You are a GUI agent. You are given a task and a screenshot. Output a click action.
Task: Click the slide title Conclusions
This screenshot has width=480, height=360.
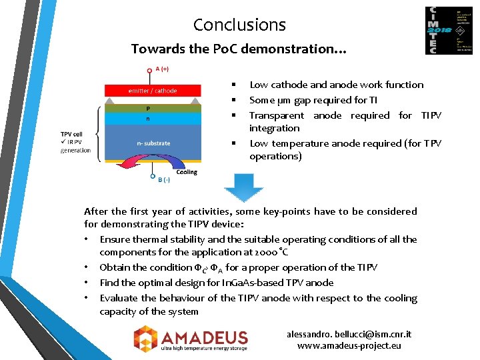click(239, 25)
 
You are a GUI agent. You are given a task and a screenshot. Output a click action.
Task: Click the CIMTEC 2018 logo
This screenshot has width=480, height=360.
click(448, 31)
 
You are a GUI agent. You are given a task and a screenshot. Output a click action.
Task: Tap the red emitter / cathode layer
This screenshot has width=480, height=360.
click(153, 91)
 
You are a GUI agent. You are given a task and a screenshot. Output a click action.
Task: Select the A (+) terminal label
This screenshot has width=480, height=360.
click(162, 69)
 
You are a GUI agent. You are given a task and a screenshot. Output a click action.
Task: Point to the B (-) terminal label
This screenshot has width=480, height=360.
click(163, 179)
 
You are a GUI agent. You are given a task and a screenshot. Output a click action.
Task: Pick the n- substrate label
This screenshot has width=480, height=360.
click(153, 143)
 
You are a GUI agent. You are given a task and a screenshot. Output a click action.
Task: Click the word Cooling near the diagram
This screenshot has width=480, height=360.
click(187, 172)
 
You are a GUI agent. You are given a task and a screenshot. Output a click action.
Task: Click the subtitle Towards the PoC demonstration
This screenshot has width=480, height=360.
click(239, 49)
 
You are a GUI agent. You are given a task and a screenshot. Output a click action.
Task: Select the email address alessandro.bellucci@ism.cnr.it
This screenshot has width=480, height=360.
click(349, 334)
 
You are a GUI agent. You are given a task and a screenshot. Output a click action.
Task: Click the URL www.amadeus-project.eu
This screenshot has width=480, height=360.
click(349, 345)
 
